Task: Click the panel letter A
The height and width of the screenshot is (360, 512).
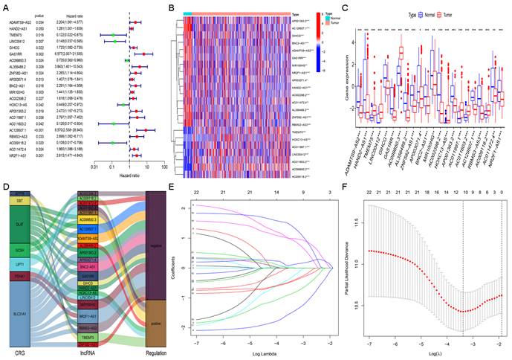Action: [6, 7]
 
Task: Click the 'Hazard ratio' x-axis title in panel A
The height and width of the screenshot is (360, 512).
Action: [130, 176]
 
